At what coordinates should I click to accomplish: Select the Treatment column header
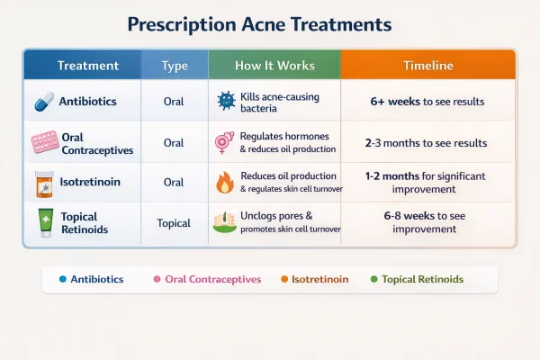[x=87, y=66]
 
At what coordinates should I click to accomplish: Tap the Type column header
[x=174, y=66]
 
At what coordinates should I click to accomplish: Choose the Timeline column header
[x=427, y=66]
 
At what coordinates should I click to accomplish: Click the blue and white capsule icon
[x=41, y=102]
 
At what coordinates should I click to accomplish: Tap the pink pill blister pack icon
[x=43, y=142]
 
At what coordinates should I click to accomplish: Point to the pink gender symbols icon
[x=224, y=142]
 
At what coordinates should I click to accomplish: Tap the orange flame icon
[x=224, y=183]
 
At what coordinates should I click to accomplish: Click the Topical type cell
[x=174, y=222]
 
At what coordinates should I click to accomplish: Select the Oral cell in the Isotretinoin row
[x=174, y=183]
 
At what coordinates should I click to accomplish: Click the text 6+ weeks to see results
[x=427, y=102]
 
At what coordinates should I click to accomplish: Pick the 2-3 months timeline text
[x=427, y=143]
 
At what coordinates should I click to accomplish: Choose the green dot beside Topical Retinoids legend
[x=373, y=279]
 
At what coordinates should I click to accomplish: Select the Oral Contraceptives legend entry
[x=212, y=279]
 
